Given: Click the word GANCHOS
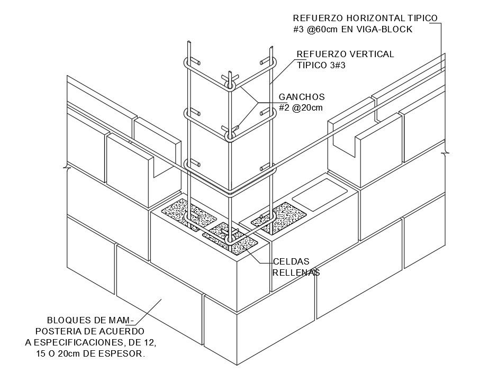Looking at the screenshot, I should point(302,97).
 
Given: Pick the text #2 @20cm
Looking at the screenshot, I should point(301,108).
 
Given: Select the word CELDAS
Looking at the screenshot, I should point(291,262).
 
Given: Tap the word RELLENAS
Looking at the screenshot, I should point(296,272).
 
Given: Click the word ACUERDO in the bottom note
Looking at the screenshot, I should point(112,331).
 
